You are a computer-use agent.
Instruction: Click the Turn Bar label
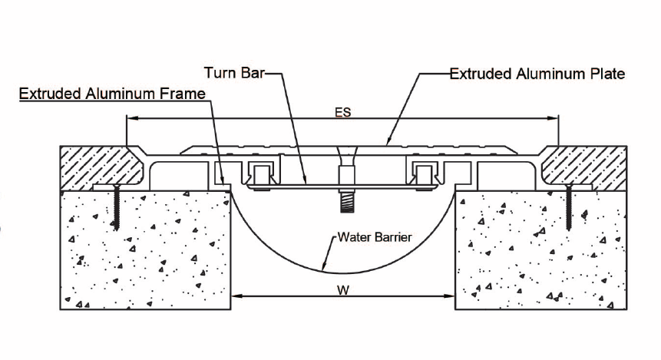click(x=234, y=73)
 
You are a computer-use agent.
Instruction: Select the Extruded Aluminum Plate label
click(x=537, y=74)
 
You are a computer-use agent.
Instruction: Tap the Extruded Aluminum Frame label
click(x=113, y=94)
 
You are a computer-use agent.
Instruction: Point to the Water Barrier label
click(x=375, y=237)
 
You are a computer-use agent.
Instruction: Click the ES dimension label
click(x=342, y=112)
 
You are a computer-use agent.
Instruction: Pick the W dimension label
click(x=343, y=290)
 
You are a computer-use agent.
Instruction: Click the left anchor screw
click(x=116, y=208)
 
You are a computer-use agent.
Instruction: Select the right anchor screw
click(x=569, y=208)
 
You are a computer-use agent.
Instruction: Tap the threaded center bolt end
click(x=347, y=203)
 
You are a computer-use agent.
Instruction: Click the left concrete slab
click(x=145, y=250)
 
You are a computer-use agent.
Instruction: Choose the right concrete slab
click(x=541, y=250)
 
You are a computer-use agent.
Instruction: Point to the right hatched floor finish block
click(x=584, y=168)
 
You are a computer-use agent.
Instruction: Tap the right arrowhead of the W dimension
click(x=449, y=296)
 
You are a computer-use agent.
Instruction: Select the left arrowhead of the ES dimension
click(x=132, y=118)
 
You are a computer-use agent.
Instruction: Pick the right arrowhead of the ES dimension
click(x=553, y=118)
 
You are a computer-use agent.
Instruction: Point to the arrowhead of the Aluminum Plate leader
click(x=389, y=140)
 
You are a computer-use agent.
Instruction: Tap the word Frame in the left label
click(x=183, y=94)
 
